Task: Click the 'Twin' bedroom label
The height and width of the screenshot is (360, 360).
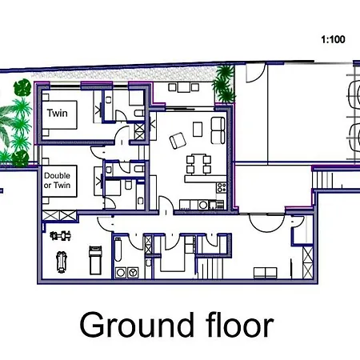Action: coord(57,113)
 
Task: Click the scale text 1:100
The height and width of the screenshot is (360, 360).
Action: coord(333,38)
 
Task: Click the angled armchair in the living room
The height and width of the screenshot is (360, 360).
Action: coord(178,139)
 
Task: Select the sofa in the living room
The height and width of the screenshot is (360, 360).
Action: coord(217,128)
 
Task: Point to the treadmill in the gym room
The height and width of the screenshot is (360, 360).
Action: coord(95,258)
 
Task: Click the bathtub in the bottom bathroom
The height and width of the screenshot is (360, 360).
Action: coord(118,257)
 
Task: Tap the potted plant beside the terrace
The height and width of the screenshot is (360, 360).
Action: coord(224,77)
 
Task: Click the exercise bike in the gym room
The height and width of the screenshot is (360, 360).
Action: coord(60,235)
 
